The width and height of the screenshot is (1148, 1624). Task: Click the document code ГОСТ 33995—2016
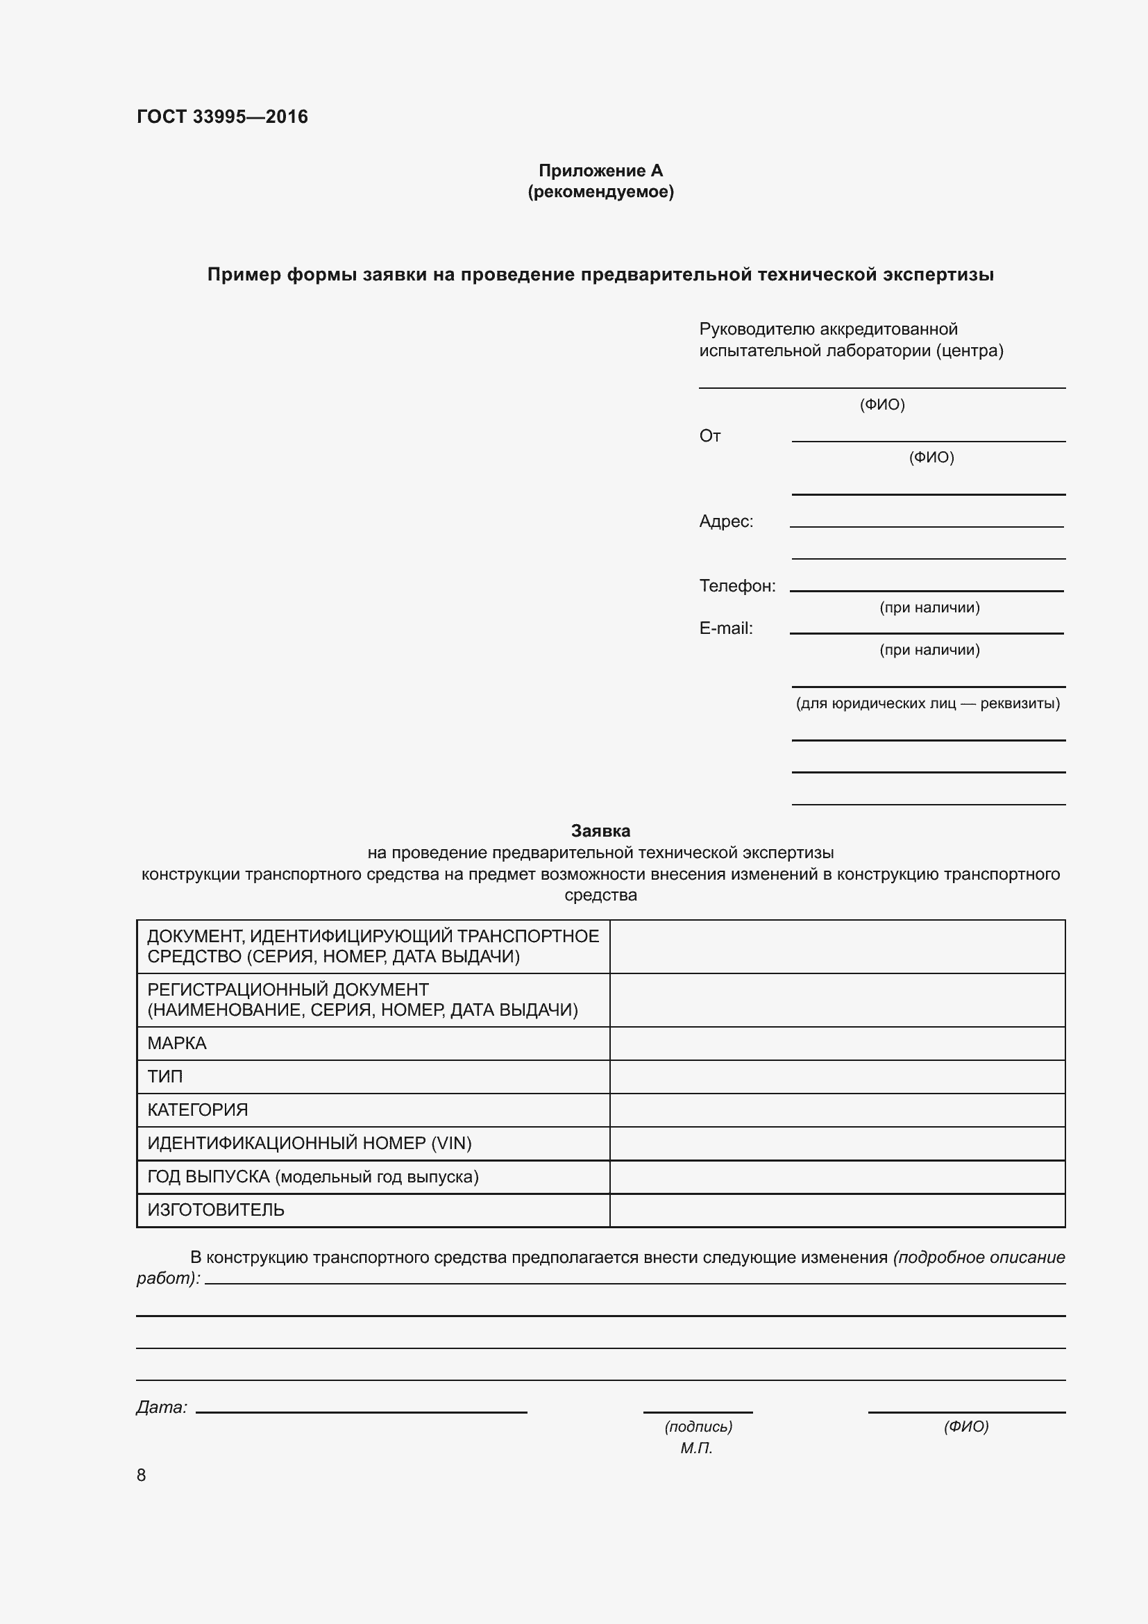click(x=222, y=117)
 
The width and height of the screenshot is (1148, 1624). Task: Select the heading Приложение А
click(x=600, y=171)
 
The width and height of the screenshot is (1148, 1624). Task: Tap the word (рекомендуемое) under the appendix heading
click(x=600, y=192)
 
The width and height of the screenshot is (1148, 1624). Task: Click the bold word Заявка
click(x=600, y=831)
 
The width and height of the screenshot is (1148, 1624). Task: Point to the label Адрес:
click(x=726, y=521)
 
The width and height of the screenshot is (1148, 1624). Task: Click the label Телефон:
click(x=737, y=586)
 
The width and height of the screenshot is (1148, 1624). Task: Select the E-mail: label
click(x=726, y=628)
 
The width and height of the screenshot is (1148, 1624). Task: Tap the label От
click(x=710, y=436)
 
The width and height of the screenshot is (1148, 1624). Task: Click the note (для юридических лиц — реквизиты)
click(x=927, y=703)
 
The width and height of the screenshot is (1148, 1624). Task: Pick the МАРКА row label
click(x=177, y=1044)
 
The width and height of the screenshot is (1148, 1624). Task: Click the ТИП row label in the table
click(x=164, y=1077)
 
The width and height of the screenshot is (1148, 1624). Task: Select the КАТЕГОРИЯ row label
click(x=197, y=1110)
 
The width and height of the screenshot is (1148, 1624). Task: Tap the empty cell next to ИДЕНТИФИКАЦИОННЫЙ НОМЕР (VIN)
click(x=837, y=1143)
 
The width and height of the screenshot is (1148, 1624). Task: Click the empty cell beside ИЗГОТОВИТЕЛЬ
click(x=837, y=1210)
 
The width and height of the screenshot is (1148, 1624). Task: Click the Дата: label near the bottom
click(x=161, y=1407)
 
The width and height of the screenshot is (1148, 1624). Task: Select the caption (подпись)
click(x=698, y=1427)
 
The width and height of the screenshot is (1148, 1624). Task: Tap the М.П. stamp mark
click(x=696, y=1448)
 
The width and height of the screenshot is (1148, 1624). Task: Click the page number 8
click(x=142, y=1475)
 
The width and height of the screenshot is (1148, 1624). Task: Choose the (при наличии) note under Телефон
click(x=929, y=608)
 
